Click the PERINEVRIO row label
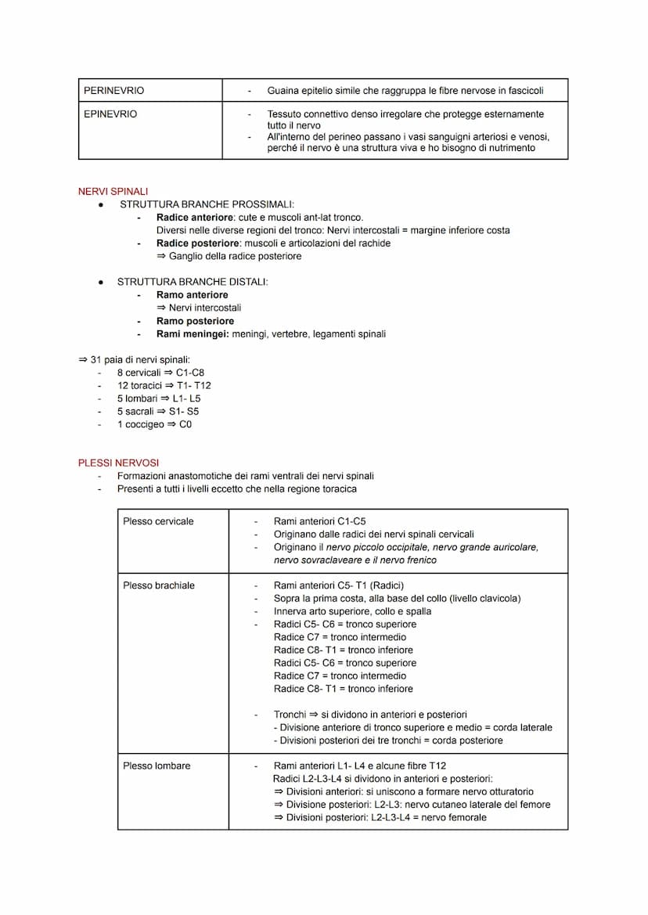[x=114, y=91]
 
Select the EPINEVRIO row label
[x=110, y=114]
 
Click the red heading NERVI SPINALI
[x=113, y=192]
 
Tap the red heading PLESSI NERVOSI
[x=119, y=463]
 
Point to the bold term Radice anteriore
[x=193, y=218]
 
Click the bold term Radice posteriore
[x=195, y=243]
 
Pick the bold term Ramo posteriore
[x=195, y=321]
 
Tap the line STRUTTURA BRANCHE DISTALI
[x=192, y=282]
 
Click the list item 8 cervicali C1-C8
[x=160, y=373]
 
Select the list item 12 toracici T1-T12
[x=164, y=386]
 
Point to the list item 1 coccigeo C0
[x=154, y=424]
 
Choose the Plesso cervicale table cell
[x=158, y=521]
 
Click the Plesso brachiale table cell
[x=159, y=585]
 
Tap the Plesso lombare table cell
[x=157, y=766]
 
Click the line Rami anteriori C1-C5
[x=319, y=521]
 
